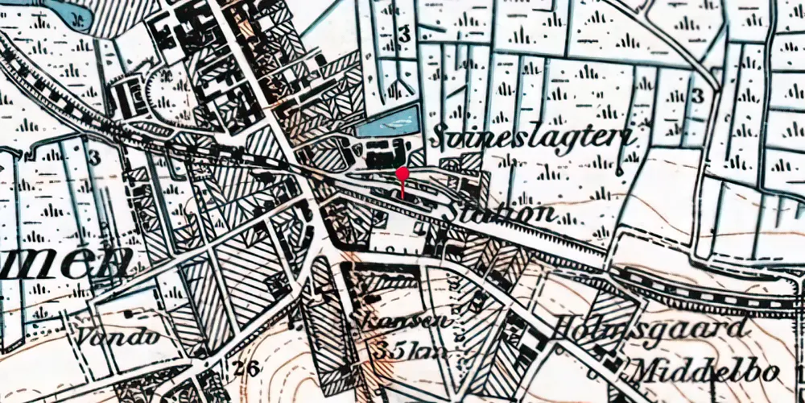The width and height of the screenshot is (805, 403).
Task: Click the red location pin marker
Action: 402,174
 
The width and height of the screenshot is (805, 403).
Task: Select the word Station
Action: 502,213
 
